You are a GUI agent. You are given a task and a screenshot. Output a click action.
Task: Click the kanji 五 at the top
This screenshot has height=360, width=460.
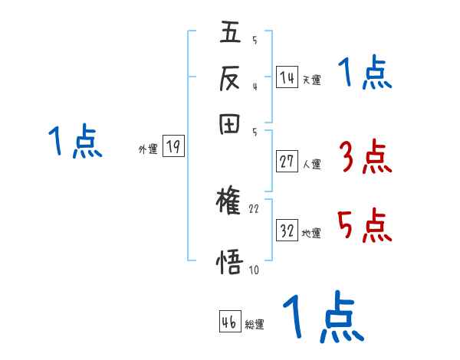click(x=230, y=34)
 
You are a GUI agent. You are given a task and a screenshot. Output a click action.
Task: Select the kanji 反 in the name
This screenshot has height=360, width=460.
click(x=230, y=78)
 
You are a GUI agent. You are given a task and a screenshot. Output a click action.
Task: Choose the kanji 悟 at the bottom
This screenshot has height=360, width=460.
click(x=230, y=260)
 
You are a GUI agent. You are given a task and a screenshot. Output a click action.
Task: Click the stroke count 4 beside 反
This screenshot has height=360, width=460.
click(x=254, y=87)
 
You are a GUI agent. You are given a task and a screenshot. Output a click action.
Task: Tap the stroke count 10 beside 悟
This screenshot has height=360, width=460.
click(x=255, y=270)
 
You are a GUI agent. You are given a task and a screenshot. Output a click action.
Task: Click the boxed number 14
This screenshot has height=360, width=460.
click(x=287, y=77)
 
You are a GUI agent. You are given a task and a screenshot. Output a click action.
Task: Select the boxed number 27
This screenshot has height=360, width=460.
click(x=287, y=161)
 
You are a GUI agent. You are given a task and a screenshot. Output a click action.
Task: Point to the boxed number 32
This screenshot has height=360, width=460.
click(x=287, y=231)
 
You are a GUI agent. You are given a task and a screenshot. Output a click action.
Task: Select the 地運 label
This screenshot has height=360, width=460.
click(x=311, y=234)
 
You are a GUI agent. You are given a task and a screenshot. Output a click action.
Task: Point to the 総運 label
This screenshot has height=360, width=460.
click(x=255, y=325)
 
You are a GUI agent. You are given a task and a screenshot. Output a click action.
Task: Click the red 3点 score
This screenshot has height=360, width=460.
click(x=365, y=158)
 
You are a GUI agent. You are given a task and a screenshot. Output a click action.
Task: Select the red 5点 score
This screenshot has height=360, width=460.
click(x=365, y=226)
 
